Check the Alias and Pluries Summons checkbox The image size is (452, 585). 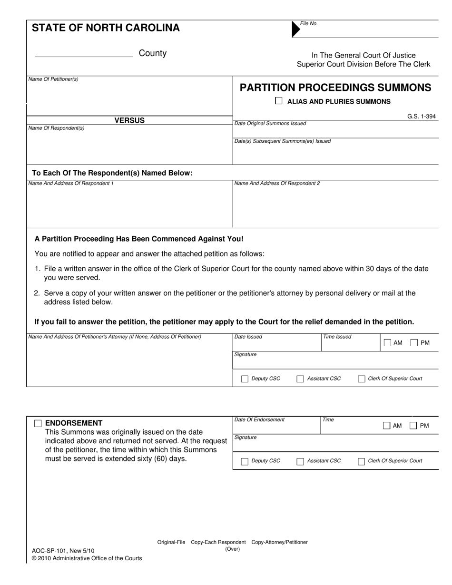coord(279,101)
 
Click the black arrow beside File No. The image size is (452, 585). coord(295,29)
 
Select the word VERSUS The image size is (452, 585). coord(129,120)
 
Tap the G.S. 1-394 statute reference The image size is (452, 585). coord(421,117)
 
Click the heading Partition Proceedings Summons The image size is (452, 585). coord(335,88)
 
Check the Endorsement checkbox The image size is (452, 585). coord(38,423)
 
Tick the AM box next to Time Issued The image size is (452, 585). coord(387,342)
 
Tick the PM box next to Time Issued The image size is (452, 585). coord(414,342)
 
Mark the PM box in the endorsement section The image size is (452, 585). coord(413,426)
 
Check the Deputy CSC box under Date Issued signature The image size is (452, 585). coord(245,379)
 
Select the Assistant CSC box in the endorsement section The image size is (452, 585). coord(300,461)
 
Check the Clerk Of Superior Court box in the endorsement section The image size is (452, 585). coord(361,461)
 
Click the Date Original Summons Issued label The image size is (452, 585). coord(270,124)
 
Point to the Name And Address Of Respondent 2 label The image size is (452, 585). coord(277,183)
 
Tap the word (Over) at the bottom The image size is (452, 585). coord(233,549)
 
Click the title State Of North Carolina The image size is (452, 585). coord(106,28)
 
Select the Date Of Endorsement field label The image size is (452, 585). coord(259,419)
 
